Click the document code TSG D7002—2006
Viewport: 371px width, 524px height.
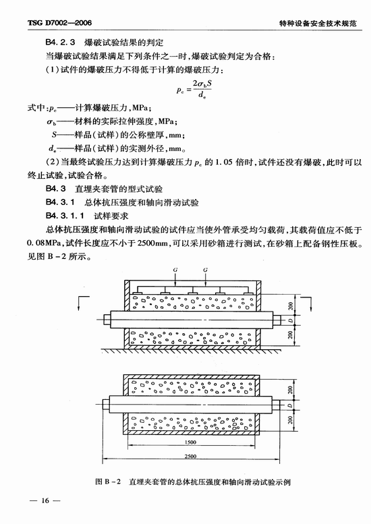tap(59, 23)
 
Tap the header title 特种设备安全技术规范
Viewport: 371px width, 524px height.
tap(318, 23)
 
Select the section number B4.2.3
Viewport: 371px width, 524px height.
tap(60, 42)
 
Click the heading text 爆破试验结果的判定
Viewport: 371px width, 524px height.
tap(123, 42)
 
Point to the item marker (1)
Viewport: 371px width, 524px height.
tap(52, 70)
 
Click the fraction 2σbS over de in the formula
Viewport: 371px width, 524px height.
tap(202, 88)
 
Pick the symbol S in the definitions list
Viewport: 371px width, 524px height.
tap(54, 135)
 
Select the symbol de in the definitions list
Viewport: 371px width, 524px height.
tap(51, 148)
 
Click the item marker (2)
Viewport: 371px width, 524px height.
tap(52, 163)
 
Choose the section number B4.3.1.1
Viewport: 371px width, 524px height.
tap(65, 216)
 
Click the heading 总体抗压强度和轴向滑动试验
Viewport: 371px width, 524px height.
tap(142, 202)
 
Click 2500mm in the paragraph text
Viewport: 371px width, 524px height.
tap(152, 243)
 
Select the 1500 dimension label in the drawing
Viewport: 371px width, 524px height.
tap(190, 442)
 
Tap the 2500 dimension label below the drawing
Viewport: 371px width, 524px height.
tap(190, 456)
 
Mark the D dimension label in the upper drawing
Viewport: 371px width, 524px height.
tap(291, 320)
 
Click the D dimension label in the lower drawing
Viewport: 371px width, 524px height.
tap(290, 405)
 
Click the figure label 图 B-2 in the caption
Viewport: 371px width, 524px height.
tap(108, 482)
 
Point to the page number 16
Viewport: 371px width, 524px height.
tap(45, 500)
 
